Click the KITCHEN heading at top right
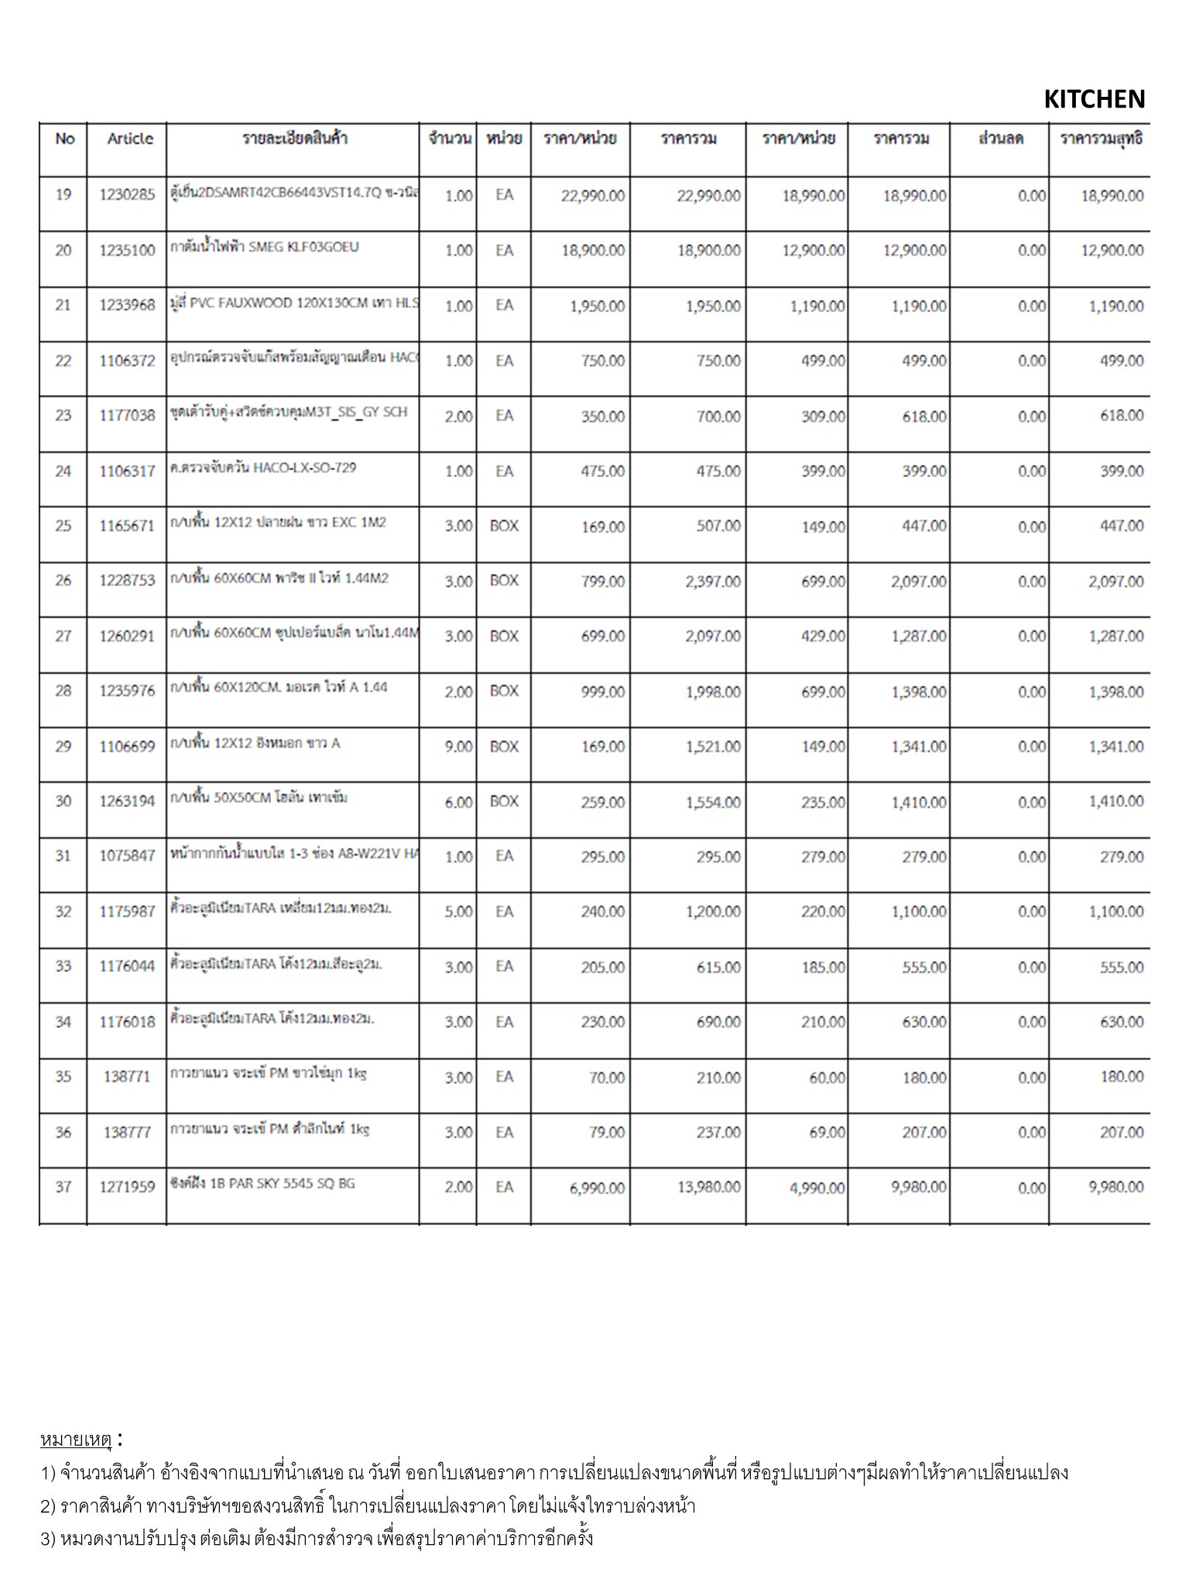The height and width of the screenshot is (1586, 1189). coord(1094,99)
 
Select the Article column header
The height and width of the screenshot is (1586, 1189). coord(130,139)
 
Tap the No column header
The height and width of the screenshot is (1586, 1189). coord(65,139)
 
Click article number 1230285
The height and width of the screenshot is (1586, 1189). coord(128,195)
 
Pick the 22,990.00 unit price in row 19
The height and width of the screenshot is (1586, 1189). coord(593,196)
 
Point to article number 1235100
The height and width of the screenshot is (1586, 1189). coord(128,251)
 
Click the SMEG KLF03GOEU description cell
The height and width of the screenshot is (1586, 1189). coord(265,248)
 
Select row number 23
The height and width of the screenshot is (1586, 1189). coord(63,416)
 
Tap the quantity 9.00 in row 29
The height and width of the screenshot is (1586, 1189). coord(458,747)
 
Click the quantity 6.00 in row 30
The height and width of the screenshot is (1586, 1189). coord(458,802)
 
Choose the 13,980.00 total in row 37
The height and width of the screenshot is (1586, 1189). coord(709,1187)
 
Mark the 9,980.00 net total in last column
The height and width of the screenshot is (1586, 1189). coord(1115,1187)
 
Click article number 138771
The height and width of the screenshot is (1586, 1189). coord(128,1077)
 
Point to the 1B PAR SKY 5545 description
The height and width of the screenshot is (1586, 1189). coord(263,1184)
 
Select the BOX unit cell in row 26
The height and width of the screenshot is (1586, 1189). coord(504,581)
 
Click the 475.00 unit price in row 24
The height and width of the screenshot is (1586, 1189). coord(603,472)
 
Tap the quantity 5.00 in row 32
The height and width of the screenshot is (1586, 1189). coord(458,912)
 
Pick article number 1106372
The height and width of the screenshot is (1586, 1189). coord(128,361)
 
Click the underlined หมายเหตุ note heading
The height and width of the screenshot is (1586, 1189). coord(76,1440)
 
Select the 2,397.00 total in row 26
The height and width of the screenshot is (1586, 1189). coord(713,582)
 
